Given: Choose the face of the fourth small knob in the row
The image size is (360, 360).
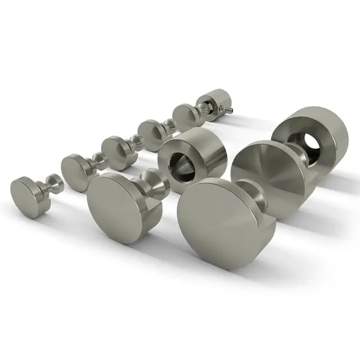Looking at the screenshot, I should pos(150,129).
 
